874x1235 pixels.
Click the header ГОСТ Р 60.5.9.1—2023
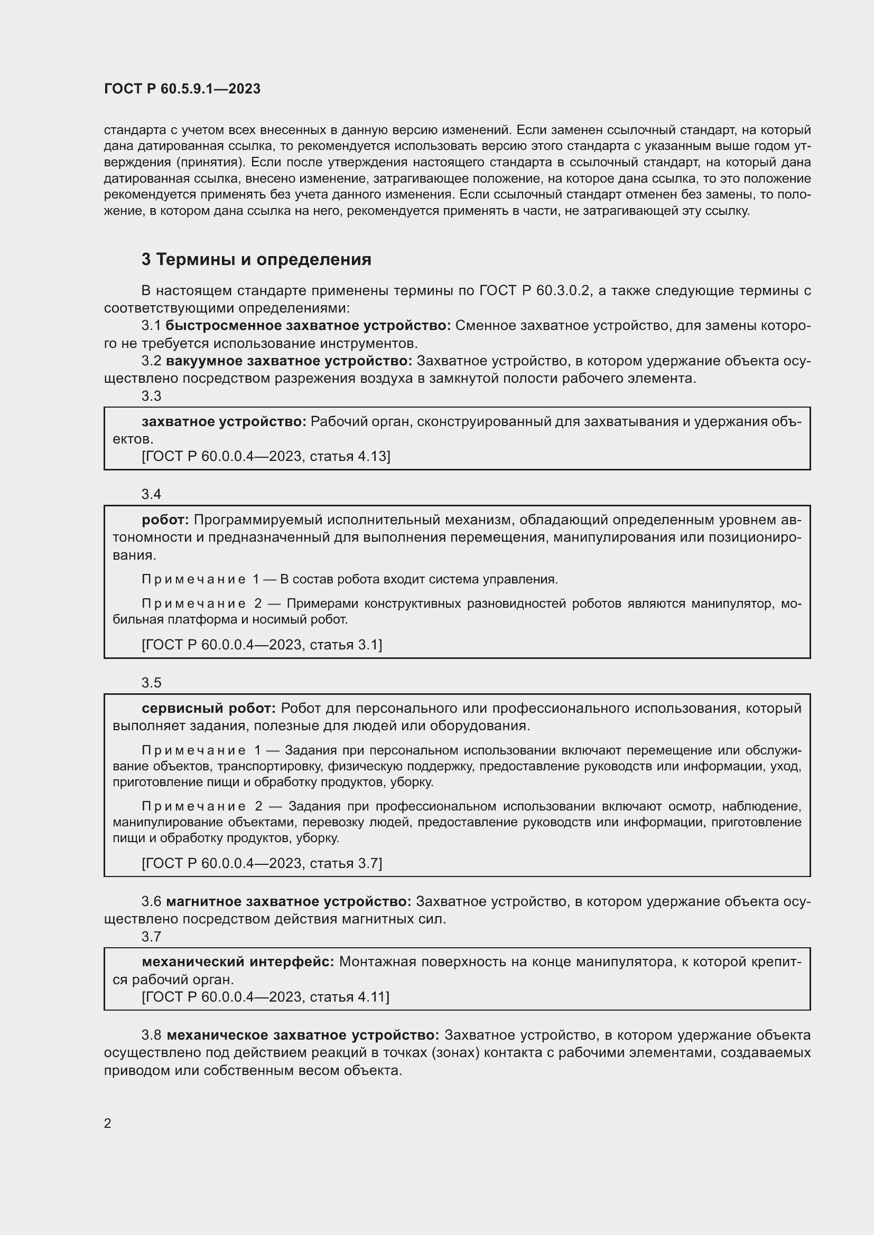click(x=182, y=89)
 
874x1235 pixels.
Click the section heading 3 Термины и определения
click(x=256, y=259)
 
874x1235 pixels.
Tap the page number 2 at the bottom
click(x=108, y=1123)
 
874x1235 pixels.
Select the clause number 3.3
click(x=151, y=396)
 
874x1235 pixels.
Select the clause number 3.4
click(x=151, y=494)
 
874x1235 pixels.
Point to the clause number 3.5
click(x=151, y=683)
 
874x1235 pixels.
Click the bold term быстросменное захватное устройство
click(x=308, y=325)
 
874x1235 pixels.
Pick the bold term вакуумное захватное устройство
click(x=289, y=361)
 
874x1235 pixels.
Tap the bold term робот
click(x=165, y=520)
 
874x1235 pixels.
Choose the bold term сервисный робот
click(x=208, y=709)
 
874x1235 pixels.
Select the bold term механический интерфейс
click(x=238, y=961)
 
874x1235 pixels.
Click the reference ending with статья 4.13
click(x=266, y=456)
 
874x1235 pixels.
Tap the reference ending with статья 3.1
click(x=262, y=644)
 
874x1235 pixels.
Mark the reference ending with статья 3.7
click(x=262, y=863)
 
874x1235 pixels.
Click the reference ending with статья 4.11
click(x=265, y=997)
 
